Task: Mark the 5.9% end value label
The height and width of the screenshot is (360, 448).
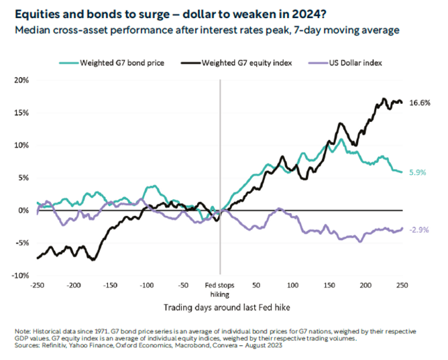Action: click(x=418, y=172)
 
